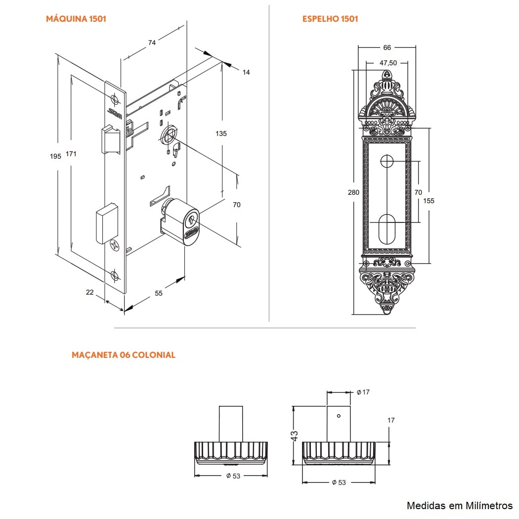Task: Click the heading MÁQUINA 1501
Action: point(76,19)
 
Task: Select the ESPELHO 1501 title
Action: point(330,19)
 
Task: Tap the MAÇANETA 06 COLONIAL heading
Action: point(123,355)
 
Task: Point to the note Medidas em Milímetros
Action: point(460,505)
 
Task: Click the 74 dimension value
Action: point(152,43)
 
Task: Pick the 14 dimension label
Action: point(246,72)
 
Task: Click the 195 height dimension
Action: point(55,156)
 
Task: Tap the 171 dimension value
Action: point(71,154)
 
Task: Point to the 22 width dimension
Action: point(89,292)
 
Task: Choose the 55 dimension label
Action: point(159,293)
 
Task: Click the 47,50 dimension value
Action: point(388,63)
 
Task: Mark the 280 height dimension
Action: point(353,192)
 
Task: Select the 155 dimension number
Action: point(429,201)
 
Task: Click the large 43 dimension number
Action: point(294,435)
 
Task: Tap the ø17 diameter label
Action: point(363,392)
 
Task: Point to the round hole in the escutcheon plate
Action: point(387,161)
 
